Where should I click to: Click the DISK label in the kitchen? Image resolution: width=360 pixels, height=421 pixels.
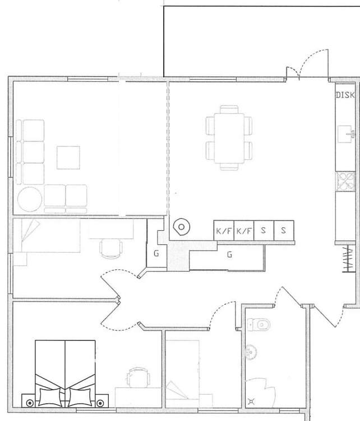pyautogui.click(x=345, y=95)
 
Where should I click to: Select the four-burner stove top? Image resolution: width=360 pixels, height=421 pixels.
pyautogui.click(x=345, y=182)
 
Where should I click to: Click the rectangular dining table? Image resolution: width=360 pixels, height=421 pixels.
pyautogui.click(x=229, y=138)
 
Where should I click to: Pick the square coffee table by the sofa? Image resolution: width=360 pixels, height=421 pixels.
pyautogui.click(x=68, y=158)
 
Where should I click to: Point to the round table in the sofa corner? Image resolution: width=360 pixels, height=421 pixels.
pyautogui.click(x=30, y=199)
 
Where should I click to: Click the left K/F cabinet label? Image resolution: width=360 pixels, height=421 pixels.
pyautogui.click(x=223, y=231)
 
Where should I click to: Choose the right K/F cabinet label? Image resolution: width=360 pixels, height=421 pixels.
pyautogui.click(x=244, y=231)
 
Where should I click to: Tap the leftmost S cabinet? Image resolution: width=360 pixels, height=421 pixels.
pyautogui.click(x=264, y=230)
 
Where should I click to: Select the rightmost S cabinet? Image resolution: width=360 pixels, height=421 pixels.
pyautogui.click(x=284, y=230)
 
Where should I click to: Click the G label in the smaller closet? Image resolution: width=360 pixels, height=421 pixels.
pyautogui.click(x=156, y=253)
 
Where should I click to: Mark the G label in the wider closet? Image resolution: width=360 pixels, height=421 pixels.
pyautogui.click(x=229, y=254)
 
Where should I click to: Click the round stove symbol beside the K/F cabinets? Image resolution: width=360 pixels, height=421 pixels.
pyautogui.click(x=181, y=227)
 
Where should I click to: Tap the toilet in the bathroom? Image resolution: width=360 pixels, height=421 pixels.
pyautogui.click(x=259, y=325)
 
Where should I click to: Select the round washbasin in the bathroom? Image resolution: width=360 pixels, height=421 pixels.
pyautogui.click(x=251, y=351)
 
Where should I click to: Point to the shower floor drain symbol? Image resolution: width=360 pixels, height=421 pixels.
pyautogui.click(x=251, y=402)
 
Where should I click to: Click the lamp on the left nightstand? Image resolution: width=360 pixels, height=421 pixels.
pyautogui.click(x=30, y=403)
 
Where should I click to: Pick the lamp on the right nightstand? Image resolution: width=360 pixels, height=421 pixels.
pyautogui.click(x=100, y=403)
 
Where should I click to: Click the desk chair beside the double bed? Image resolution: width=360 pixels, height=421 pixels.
pyautogui.click(x=138, y=378)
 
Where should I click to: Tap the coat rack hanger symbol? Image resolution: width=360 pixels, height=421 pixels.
pyautogui.click(x=349, y=259)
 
